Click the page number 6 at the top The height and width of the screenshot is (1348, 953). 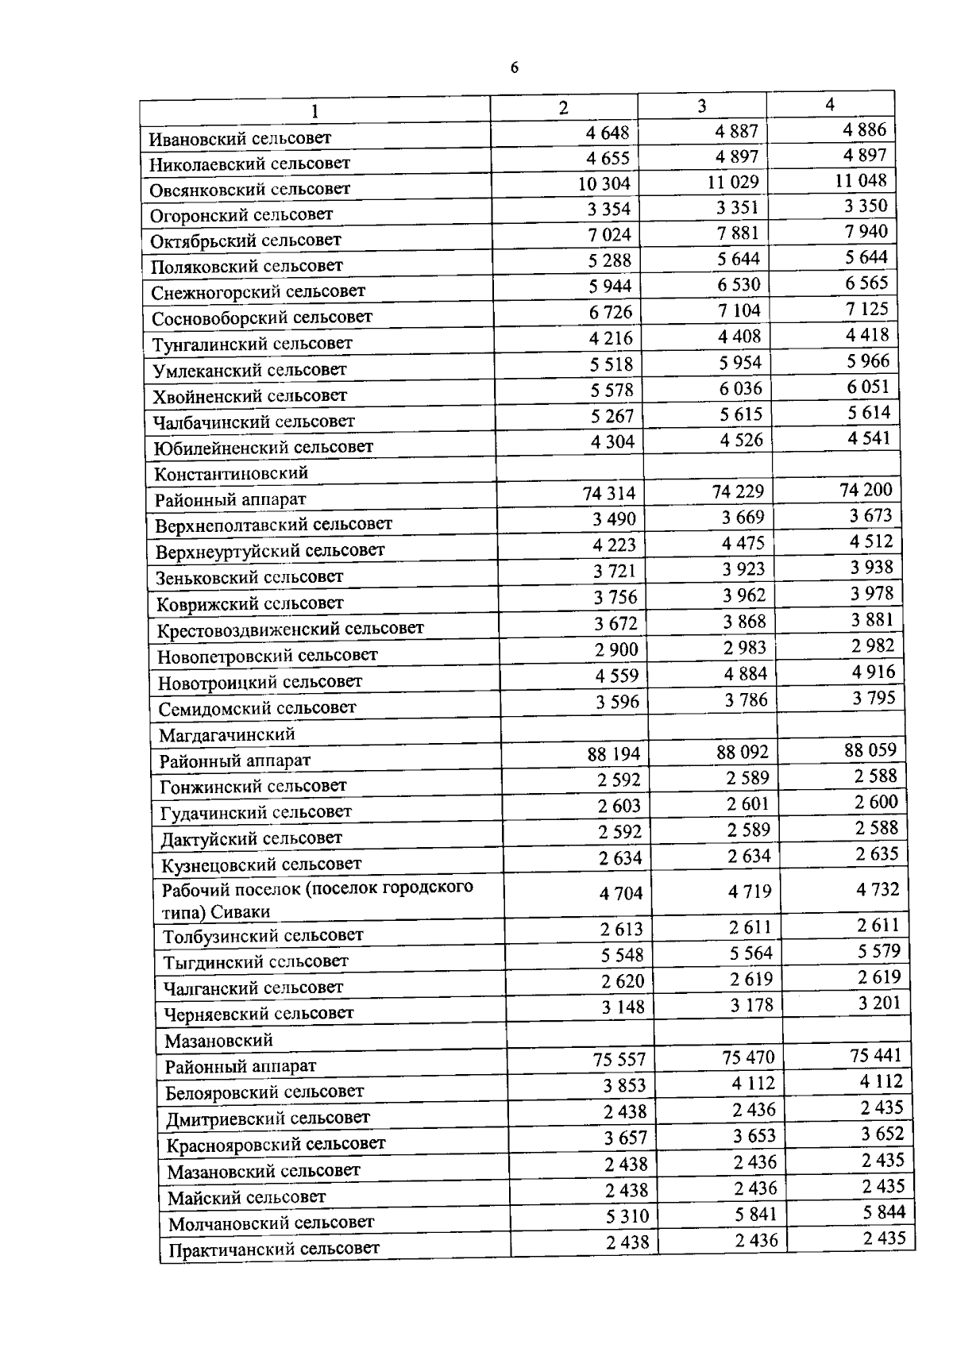[x=514, y=68]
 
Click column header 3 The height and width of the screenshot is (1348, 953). [x=702, y=106]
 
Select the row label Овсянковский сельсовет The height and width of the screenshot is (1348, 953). [x=250, y=189]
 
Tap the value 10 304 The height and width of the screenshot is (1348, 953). [x=604, y=184]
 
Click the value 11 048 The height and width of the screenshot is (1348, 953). [x=861, y=180]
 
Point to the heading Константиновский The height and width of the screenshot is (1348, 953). [x=231, y=474]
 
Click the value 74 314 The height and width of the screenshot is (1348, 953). [x=609, y=494]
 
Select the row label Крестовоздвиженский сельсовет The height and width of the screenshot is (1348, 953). [x=291, y=630]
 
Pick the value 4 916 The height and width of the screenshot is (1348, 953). [x=874, y=672]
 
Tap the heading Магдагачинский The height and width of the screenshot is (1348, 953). [x=227, y=734]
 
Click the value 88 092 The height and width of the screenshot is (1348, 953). [x=743, y=752]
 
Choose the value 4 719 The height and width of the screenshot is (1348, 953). [x=750, y=892]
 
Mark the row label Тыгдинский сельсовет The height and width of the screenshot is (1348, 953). [x=256, y=962]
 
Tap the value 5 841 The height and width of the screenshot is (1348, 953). [x=754, y=1215]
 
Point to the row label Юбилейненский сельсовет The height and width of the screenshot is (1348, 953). [x=263, y=447]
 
